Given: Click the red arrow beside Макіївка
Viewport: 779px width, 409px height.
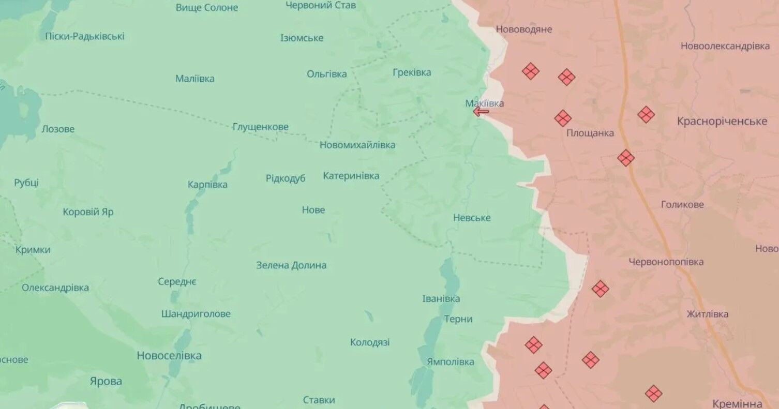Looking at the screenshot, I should (481, 111).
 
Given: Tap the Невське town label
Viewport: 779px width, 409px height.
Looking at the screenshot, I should (472, 218).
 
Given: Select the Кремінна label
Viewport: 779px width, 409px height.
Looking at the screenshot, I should (737, 403).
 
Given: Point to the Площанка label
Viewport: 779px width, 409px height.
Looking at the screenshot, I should (590, 133).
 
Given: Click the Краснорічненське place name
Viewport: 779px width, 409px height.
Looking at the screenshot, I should (722, 121).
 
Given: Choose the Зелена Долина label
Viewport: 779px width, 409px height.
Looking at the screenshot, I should (291, 265).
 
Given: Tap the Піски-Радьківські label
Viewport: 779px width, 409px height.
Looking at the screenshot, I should (85, 36).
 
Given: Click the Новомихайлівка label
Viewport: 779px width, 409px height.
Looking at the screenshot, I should (357, 145).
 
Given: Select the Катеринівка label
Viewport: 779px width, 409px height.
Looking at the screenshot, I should (351, 176).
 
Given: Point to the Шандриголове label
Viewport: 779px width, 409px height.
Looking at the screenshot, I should (196, 314).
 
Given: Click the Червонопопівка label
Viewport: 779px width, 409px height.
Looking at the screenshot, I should (666, 262).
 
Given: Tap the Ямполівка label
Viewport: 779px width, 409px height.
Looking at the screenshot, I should (450, 362).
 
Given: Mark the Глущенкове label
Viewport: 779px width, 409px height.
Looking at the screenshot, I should (261, 127).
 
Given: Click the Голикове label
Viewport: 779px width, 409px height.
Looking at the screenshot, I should (682, 205).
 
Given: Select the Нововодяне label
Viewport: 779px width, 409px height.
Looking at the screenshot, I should (524, 29).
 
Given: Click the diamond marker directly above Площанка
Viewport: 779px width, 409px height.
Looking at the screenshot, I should (563, 118).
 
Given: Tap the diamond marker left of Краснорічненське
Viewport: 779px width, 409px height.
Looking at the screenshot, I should (646, 114).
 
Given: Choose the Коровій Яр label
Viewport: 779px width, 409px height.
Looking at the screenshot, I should (88, 212).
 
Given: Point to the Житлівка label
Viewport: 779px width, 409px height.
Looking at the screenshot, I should (707, 314).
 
